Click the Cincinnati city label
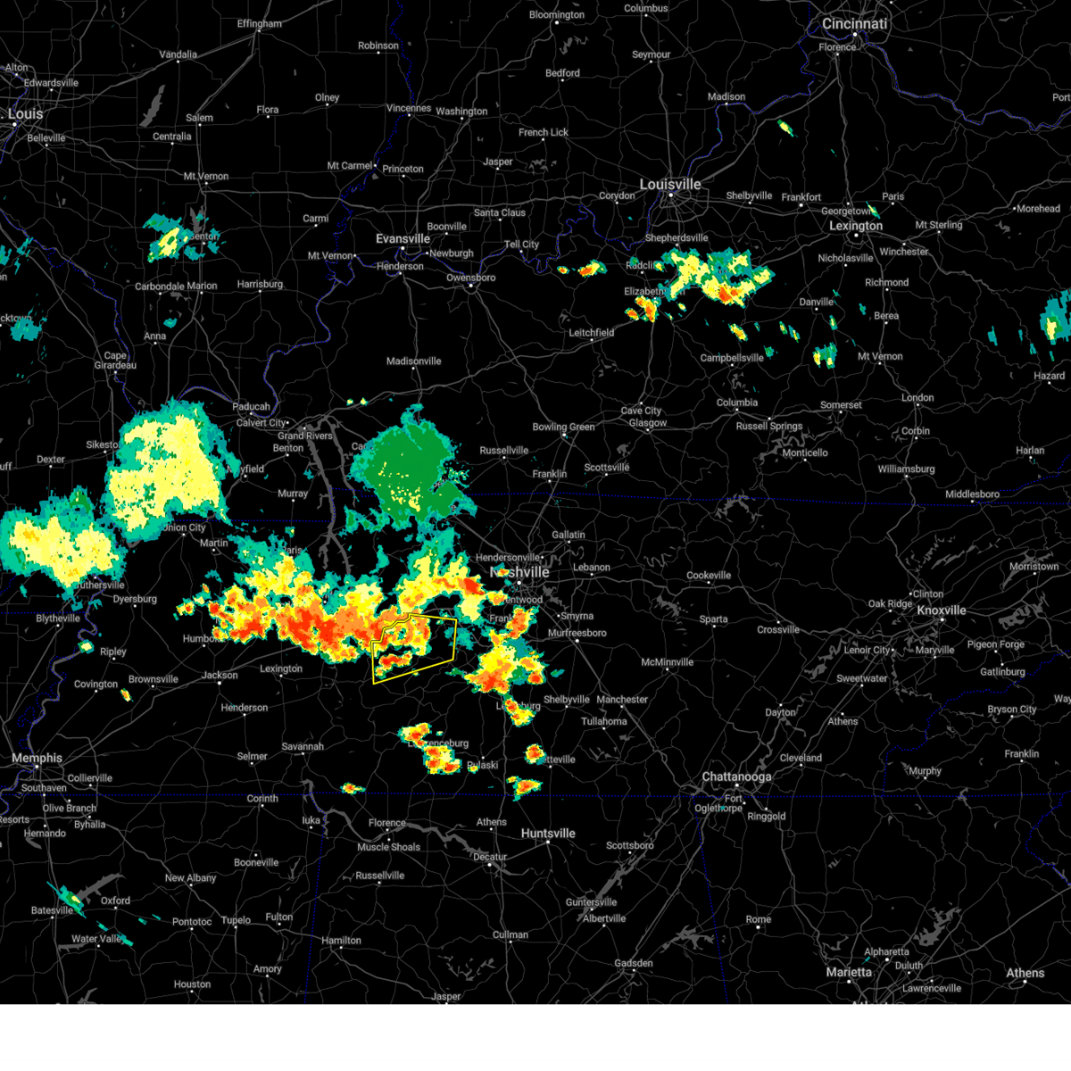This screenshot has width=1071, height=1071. pos(854,24)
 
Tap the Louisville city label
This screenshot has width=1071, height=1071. pos(670,185)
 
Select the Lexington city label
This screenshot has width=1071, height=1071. pos(855,226)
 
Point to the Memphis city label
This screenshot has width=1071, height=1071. pos(37,759)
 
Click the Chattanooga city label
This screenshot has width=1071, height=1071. pos(736,777)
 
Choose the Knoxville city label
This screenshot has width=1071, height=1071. pos(942,610)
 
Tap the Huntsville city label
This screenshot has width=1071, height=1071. pos(548,834)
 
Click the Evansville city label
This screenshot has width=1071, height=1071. pos(403,239)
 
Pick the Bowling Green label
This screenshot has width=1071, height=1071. pos(563,428)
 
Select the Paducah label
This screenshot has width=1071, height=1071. pos(251,407)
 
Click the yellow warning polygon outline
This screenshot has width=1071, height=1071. pos(455,635)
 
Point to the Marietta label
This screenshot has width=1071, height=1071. pos(849,972)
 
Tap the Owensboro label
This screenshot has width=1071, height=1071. pos(470,278)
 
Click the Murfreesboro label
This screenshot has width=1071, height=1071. pos(577,634)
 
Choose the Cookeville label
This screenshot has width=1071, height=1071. pos(709,576)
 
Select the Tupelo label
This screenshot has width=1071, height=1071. pos(236,920)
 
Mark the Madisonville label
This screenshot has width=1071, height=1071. pos(413,361)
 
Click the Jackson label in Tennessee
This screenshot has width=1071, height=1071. pos(220,676)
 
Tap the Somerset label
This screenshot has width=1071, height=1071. pos(841,405)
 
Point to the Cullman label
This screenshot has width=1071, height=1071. pos(511,935)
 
